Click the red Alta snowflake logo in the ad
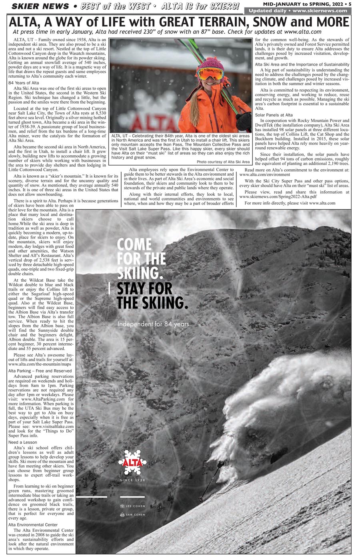(x=132, y=462)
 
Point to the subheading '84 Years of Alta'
(x=24, y=83)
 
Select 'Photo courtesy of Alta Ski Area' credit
(x=223, y=162)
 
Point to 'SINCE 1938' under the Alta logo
(x=132, y=480)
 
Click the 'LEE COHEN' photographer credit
(x=135, y=506)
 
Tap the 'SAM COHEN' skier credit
(x=135, y=515)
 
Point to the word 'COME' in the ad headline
(x=134, y=244)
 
